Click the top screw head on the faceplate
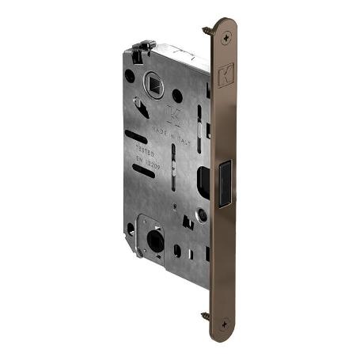tap(228, 35)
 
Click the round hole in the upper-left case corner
tap(130, 77)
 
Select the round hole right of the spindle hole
tap(177, 95)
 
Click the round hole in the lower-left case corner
tap(131, 230)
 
